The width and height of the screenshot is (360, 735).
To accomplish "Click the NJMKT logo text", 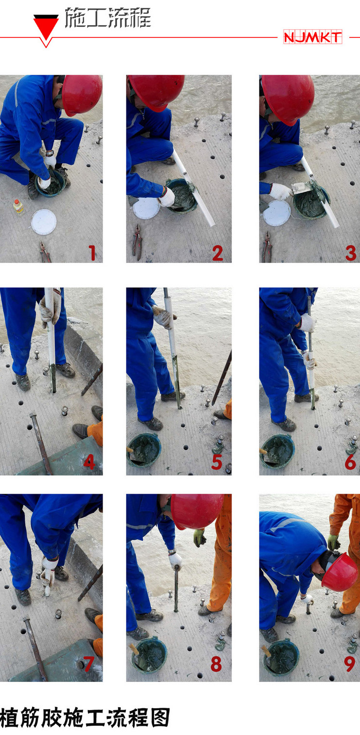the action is pyautogui.click(x=312, y=37).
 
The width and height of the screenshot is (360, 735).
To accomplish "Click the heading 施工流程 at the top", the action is pyautogui.click(x=108, y=18).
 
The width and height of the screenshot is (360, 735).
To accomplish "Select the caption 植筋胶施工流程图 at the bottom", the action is pyautogui.click(x=85, y=717).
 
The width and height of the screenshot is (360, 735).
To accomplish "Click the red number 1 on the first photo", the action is pyautogui.click(x=92, y=253).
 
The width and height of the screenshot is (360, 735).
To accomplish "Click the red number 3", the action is pyautogui.click(x=350, y=253).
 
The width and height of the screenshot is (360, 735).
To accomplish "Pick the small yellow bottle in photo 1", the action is pyautogui.click(x=18, y=207).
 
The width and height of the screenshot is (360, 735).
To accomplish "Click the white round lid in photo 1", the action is pyautogui.click(x=44, y=222).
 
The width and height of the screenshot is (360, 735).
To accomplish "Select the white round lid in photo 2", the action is pyautogui.click(x=146, y=208).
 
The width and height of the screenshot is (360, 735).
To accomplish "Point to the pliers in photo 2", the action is pyautogui.click(x=137, y=241).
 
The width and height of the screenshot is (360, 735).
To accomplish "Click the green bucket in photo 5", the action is pyautogui.click(x=144, y=450).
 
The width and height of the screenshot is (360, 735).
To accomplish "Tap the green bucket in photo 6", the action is pyautogui.click(x=277, y=451).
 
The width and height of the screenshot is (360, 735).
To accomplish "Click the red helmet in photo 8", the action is pyautogui.click(x=196, y=511).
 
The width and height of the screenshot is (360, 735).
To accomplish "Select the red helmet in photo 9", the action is pyautogui.click(x=340, y=572).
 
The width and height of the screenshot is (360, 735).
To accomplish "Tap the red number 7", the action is pyautogui.click(x=89, y=664).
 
